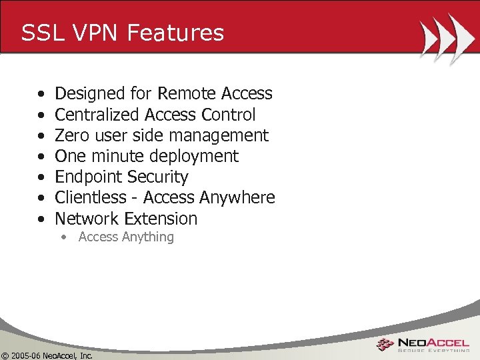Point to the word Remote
[x=186, y=94]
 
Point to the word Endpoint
[x=88, y=177]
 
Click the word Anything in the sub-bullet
[x=148, y=237]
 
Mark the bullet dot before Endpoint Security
[x=42, y=177]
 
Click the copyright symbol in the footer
[x=5, y=355]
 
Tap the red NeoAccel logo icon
[x=385, y=345]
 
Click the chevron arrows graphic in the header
[x=442, y=38]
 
